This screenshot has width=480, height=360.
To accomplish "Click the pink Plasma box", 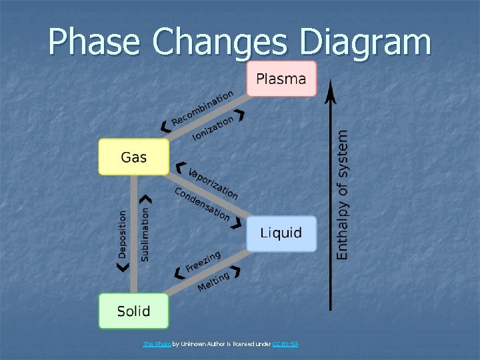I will tap(281, 79).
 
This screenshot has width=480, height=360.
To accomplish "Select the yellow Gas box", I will tap(133, 157).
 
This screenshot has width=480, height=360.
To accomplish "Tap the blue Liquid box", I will tap(281, 233).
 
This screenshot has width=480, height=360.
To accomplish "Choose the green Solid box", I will tap(133, 311).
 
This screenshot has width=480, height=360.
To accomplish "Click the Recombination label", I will tap(203, 107).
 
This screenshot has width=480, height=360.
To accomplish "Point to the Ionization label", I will tap(213, 128).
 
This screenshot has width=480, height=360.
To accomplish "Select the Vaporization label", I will tap(213, 183).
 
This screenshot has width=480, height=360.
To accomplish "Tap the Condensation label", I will tap(202, 204).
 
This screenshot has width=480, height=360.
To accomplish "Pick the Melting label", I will tap(213, 281).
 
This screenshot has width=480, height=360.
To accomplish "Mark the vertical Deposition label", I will tap(122, 234).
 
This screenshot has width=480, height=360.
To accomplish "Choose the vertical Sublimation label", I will tap(145, 234).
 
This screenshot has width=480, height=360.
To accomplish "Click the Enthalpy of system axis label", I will tap(342, 194).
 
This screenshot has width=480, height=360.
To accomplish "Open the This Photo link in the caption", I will tap(157, 344).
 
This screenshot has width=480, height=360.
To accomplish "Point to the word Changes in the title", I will tap(225, 42).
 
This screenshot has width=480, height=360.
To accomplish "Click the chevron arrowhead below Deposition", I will tap(121, 267).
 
